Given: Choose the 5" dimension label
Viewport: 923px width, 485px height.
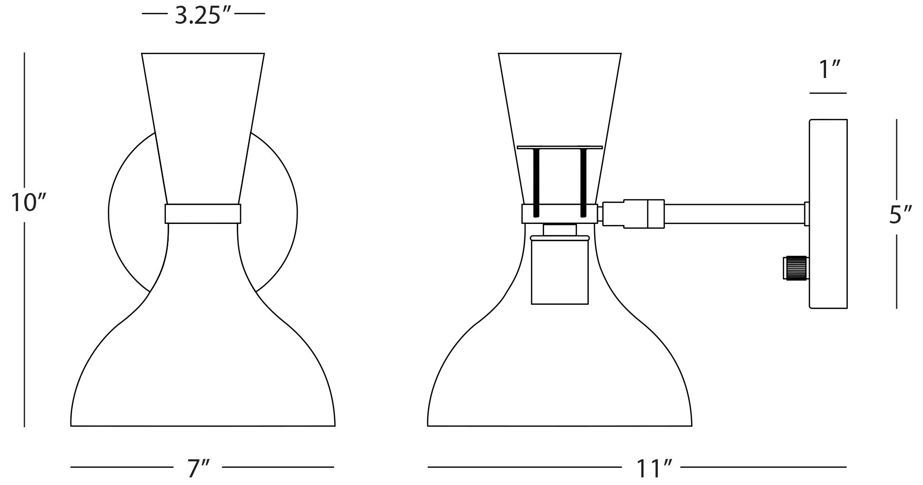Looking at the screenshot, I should [900, 215].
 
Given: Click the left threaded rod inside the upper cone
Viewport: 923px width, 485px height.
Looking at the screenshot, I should [537, 181].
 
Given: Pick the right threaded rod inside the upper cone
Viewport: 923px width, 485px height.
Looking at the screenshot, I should [583, 181].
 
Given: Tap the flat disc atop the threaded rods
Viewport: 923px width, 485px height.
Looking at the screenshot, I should [560, 147].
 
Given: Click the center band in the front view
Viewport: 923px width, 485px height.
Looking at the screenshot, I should [203, 213].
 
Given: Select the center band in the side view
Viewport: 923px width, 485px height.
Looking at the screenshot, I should [560, 213].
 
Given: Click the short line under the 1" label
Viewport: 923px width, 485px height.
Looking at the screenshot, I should [828, 93].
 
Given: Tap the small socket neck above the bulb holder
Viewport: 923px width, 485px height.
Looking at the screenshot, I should [560, 230].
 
